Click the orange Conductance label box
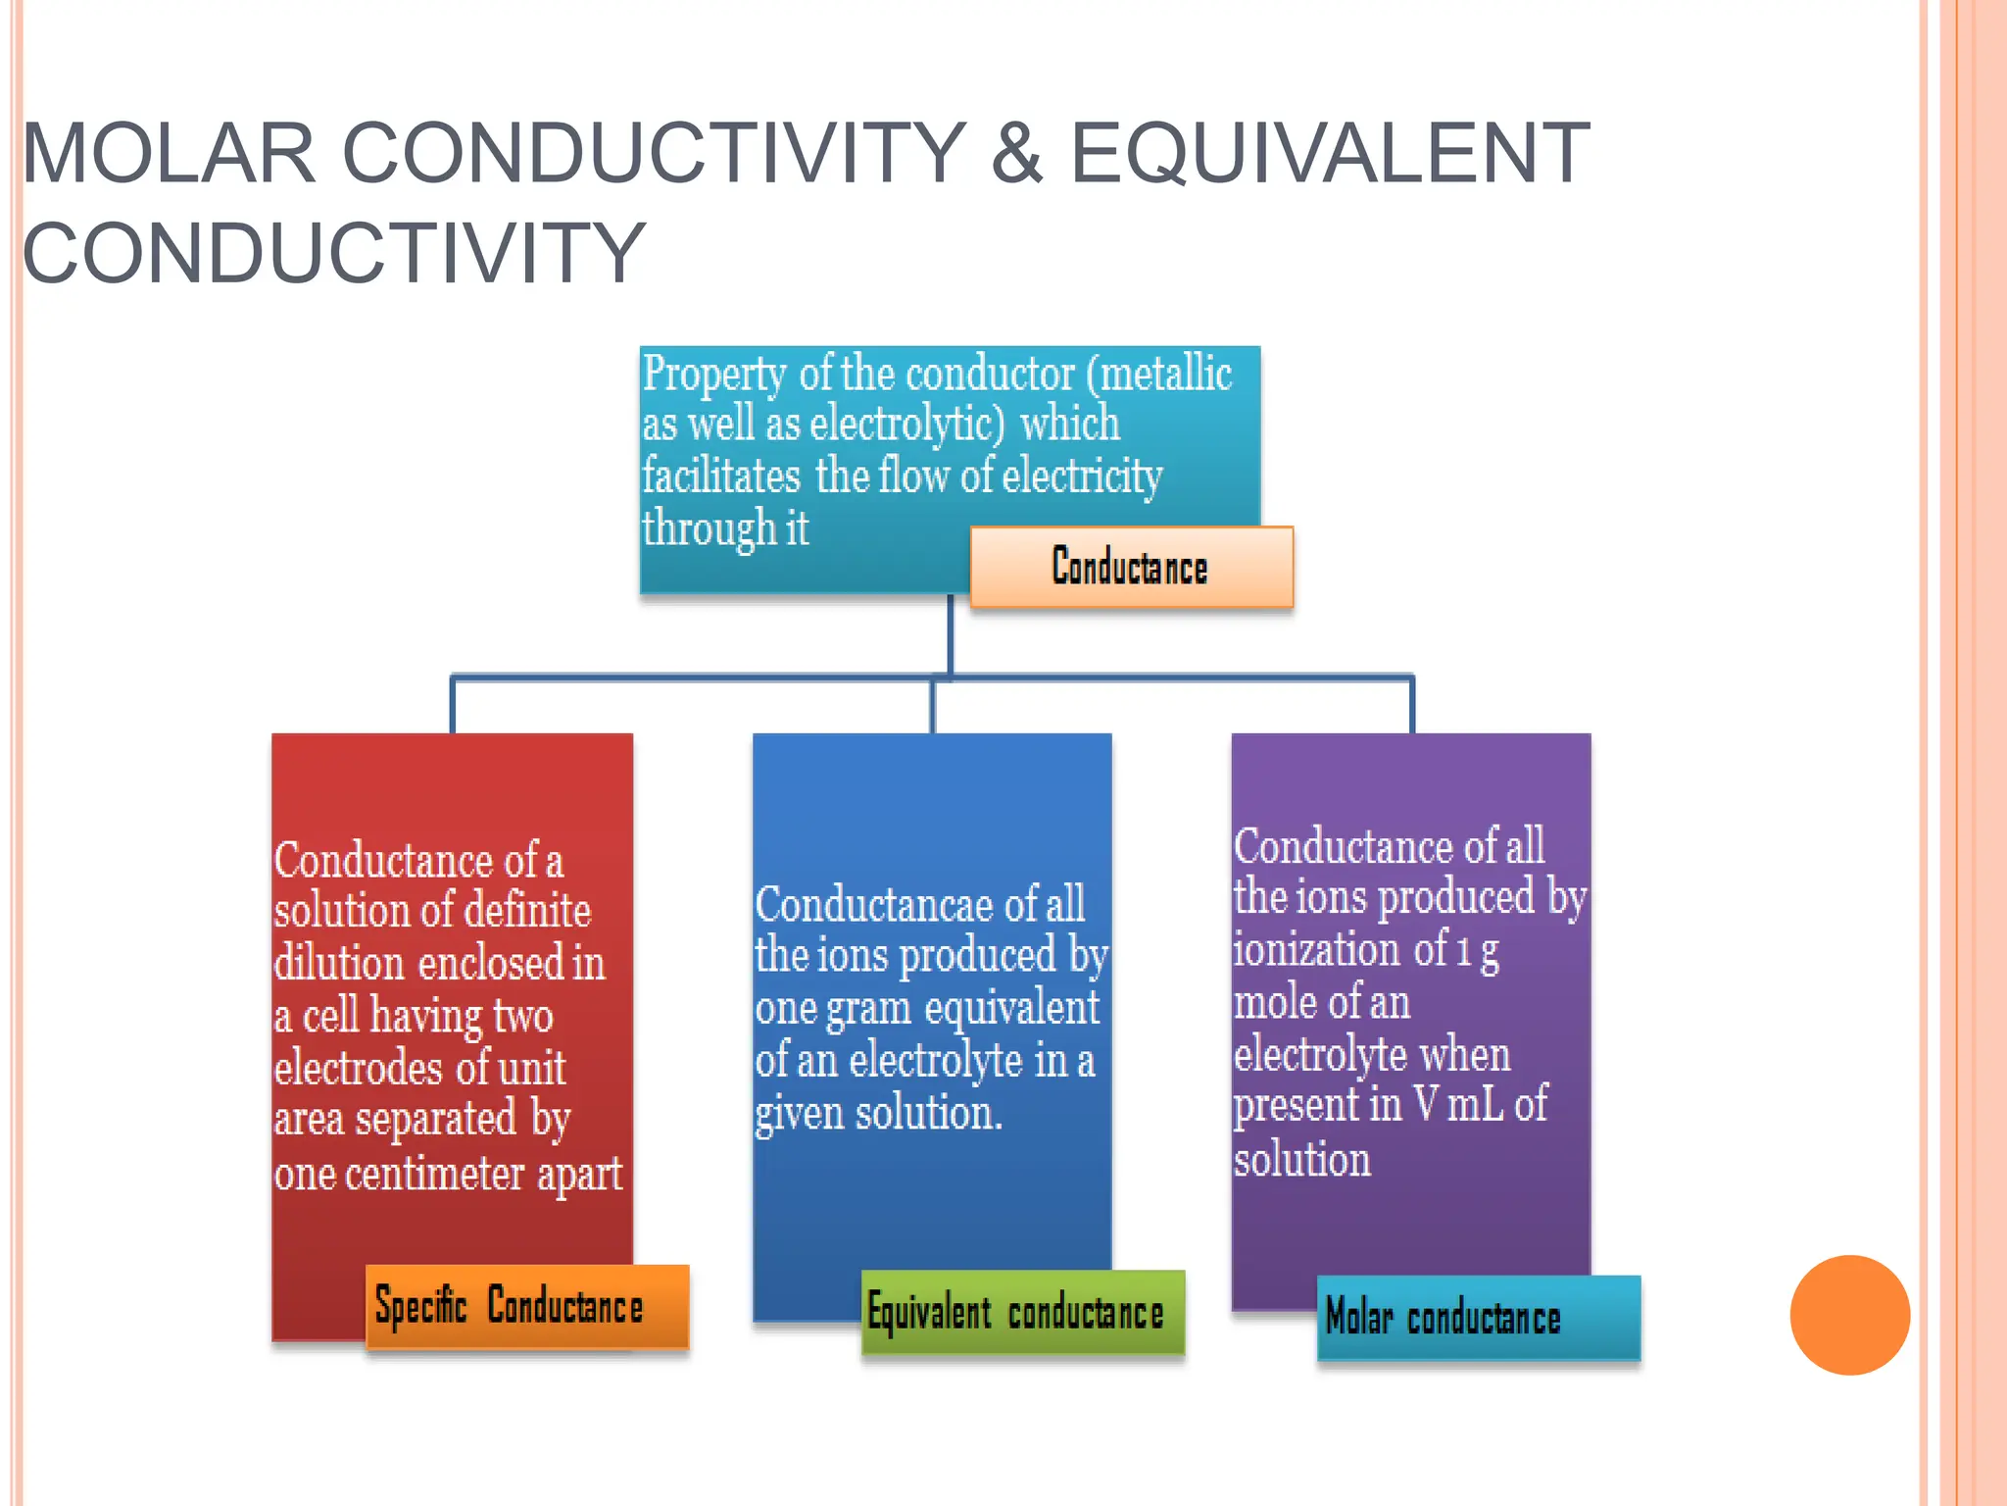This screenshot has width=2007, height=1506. point(1131,567)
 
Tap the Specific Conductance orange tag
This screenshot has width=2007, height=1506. point(527,1307)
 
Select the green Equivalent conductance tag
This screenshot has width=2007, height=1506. point(1022,1312)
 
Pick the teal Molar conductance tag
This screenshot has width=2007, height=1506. point(1478,1318)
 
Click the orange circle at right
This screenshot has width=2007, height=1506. point(1849,1315)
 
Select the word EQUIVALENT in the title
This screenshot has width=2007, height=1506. point(1329,153)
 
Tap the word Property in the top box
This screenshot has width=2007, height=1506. point(714,376)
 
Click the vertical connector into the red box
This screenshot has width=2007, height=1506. point(453,704)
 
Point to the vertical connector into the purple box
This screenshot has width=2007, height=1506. point(1412,704)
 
